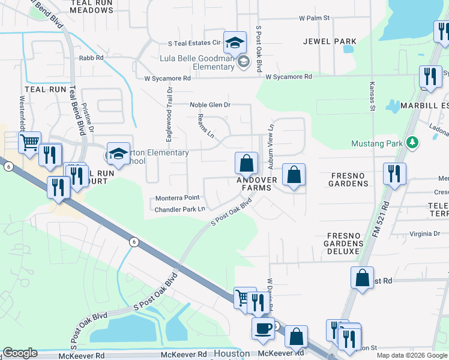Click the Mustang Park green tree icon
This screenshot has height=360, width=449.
point(412,143)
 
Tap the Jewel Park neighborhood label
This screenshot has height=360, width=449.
point(330,41)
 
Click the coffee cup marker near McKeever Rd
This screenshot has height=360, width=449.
point(262,329)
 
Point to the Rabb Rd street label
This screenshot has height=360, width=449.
point(91,58)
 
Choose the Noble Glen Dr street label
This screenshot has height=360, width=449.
point(210,104)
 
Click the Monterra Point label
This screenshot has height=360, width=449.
point(177,198)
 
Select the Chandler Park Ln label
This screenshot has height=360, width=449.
point(180,209)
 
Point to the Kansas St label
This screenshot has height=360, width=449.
point(372,97)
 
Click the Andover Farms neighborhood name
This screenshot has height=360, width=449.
point(257,184)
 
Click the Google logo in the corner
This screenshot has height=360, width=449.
point(20,353)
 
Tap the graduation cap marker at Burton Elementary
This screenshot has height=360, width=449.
point(118,153)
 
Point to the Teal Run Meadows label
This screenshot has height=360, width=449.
point(91,7)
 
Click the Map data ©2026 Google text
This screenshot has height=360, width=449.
point(412,355)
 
